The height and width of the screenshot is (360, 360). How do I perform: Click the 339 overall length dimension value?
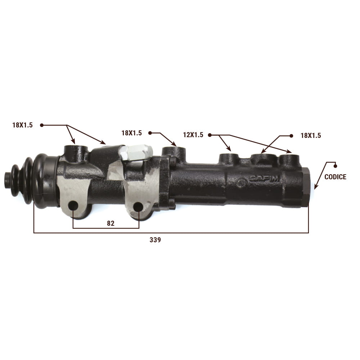[155, 240]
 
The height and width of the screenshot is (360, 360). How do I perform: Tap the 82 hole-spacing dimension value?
[111, 224]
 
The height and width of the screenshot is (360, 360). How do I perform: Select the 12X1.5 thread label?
[193, 135]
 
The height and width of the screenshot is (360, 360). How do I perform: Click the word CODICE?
[335, 177]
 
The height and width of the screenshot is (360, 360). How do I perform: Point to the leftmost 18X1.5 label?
[22, 125]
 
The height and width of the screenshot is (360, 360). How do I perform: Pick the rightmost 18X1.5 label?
[311, 135]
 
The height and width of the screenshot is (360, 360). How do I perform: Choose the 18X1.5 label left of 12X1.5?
[131, 133]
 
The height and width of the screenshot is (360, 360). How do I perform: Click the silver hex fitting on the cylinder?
[136, 152]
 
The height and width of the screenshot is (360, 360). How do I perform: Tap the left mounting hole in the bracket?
[73, 206]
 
